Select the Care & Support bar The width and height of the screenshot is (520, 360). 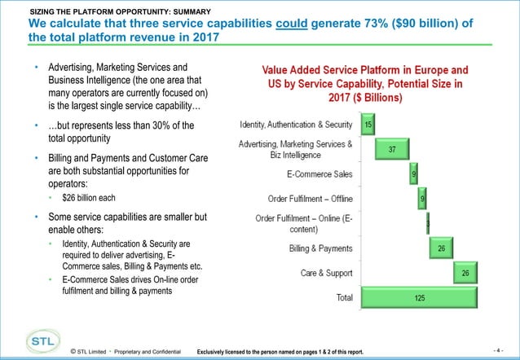tap(463, 274)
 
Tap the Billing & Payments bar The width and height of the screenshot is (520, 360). tap(441, 248)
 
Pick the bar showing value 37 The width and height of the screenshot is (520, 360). tap(392, 149)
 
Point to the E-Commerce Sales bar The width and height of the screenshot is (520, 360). tap(414, 174)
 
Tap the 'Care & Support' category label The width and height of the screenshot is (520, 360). tap(326, 274)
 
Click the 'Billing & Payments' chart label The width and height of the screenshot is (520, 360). tap(321, 248)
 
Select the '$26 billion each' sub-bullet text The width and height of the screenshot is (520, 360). tap(88, 197)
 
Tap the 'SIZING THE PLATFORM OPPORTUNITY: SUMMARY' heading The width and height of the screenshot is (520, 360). tap(121, 11)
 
